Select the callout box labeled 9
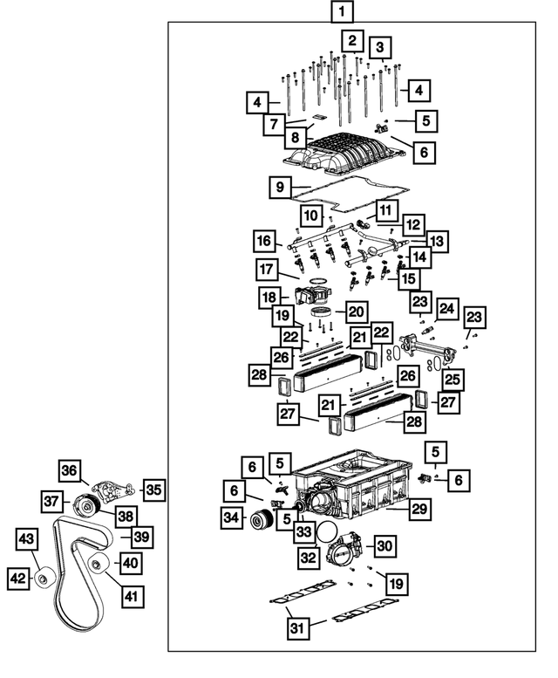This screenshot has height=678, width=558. point(278,187)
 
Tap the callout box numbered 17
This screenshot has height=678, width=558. point(268,268)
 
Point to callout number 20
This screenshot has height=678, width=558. point(356,312)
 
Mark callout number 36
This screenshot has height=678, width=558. point(69,470)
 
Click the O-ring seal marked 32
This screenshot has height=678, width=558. point(327,533)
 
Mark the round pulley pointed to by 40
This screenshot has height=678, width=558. point(98,563)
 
